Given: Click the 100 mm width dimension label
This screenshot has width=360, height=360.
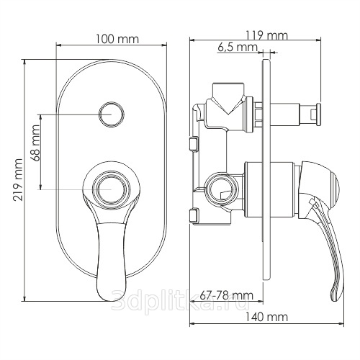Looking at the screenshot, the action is pos(117,39).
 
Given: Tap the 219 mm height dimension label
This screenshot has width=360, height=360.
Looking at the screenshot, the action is pos(18,179).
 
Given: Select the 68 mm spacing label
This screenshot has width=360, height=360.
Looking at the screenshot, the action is pos(35,143).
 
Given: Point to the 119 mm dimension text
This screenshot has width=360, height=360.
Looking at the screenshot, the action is pos(266,35).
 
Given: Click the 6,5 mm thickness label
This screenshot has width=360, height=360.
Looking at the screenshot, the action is pos(238,47).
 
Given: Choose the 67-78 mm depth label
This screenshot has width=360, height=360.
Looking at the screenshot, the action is pos(227,295).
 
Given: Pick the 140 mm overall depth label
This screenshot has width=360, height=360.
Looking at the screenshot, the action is pos(266,317).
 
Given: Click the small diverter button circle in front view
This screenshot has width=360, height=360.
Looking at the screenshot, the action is pos(112,114).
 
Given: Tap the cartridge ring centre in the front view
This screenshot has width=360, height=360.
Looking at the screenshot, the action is pos(112,189).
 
